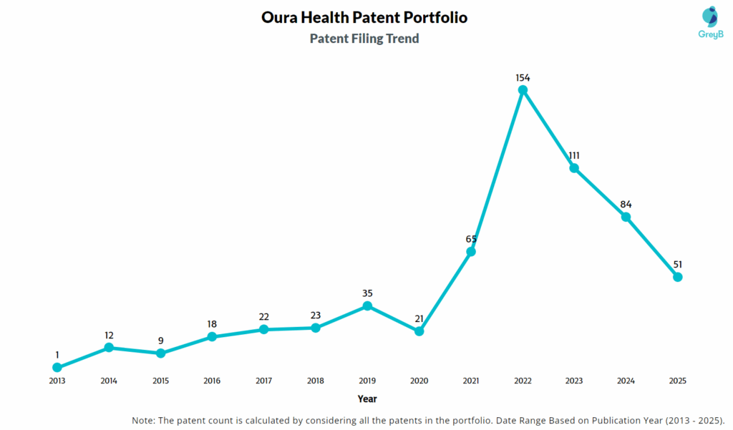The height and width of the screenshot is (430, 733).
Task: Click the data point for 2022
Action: pyautogui.click(x=523, y=90)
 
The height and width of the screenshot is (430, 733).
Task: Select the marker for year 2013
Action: pyautogui.click(x=57, y=368)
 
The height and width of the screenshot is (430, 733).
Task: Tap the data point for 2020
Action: pyautogui.click(x=419, y=331)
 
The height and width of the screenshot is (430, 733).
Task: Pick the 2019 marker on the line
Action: pyautogui.click(x=367, y=306)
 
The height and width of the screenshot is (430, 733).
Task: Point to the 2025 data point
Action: pyautogui.click(x=678, y=277)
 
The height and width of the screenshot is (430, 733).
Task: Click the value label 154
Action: pyautogui.click(x=523, y=77)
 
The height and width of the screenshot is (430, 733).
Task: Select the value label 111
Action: pyautogui.click(x=574, y=155)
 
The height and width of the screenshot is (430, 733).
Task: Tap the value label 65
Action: pyautogui.click(x=471, y=239)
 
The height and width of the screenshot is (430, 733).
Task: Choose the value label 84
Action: pyautogui.click(x=626, y=205)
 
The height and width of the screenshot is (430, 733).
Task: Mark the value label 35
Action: pyautogui.click(x=367, y=293)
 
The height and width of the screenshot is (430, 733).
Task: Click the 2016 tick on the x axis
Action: pyautogui.click(x=213, y=381)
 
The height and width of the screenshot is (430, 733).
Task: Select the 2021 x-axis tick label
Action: pyautogui.click(x=471, y=381)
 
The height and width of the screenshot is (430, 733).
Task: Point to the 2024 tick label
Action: pyautogui.click(x=626, y=381)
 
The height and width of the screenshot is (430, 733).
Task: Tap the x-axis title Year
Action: pyautogui.click(x=367, y=399)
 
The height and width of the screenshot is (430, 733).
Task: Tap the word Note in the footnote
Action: pyautogui.click(x=145, y=420)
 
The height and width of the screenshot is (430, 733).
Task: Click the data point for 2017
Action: pyautogui.click(x=264, y=329)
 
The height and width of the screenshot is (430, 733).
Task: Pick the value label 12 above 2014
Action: pyautogui.click(x=109, y=335)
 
